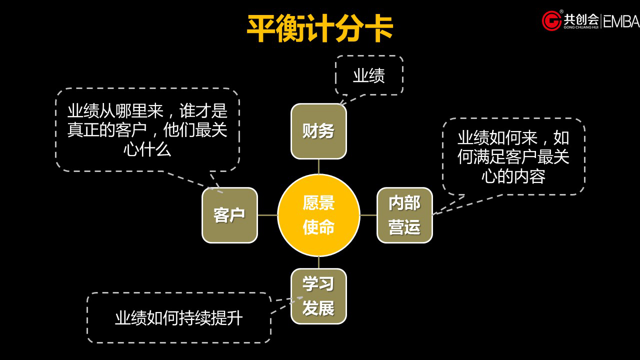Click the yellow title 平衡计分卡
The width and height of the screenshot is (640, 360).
coord(320,28)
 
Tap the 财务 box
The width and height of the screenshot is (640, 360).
coord(318,131)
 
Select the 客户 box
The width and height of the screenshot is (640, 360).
coord(229,215)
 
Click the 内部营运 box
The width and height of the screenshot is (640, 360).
coord(404,215)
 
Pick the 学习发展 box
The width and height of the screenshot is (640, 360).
coord(318,296)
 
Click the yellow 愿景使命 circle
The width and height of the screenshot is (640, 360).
coord(318,215)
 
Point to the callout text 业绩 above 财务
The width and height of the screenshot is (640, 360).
coord(369,75)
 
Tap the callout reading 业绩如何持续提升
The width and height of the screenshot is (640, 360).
coord(178,318)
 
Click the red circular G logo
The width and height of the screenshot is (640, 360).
coord(551,21)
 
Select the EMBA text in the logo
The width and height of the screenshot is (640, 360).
coord(621,21)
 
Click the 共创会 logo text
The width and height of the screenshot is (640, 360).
coord(581,19)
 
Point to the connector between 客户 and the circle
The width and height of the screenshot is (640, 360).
coord(267,215)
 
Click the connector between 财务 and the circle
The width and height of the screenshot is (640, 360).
coord(318,166)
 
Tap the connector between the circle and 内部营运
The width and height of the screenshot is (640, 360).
coord(368,215)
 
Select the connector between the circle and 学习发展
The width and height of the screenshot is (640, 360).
coord(318,262)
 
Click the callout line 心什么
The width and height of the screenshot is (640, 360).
coord(147,149)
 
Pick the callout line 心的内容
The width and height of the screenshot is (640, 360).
coord(513,176)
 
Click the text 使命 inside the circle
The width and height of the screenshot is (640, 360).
coord(318,227)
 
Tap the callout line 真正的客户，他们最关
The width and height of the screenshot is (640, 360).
coord(147,130)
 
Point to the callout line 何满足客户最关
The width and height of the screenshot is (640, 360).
coord(513,157)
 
